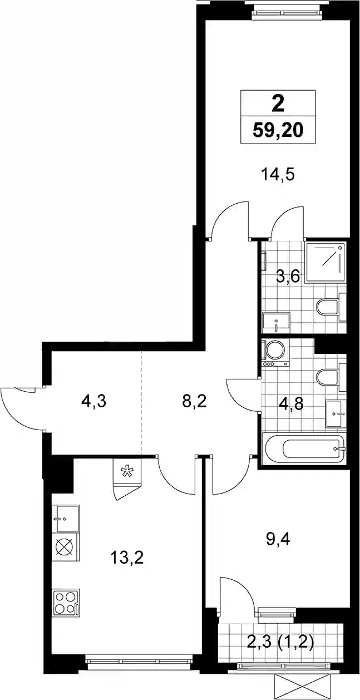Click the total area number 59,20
pos(278,131)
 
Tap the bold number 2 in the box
pos(278,104)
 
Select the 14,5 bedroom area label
pos(278,174)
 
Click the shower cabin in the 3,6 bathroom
pos(326,263)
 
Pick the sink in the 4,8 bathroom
pos(336,414)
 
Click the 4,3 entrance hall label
pos(93,401)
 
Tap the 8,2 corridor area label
pos(194,401)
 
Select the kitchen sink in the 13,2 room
pos(68,519)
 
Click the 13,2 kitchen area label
pos(127,558)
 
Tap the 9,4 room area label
pos(278,539)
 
